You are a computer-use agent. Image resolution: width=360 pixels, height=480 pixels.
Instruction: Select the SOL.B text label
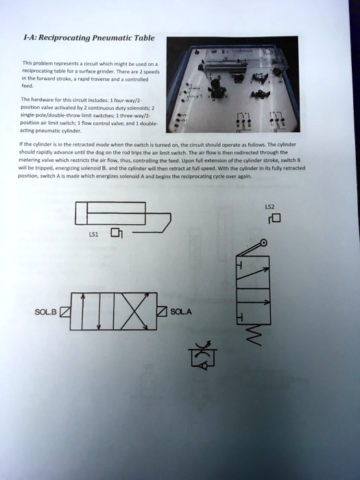pyautogui.click(x=47, y=313)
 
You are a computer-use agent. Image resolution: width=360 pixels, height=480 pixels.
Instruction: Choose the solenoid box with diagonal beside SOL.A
pyautogui.click(x=162, y=313)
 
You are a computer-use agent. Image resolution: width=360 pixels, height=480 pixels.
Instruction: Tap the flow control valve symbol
pyautogui.click(x=204, y=354)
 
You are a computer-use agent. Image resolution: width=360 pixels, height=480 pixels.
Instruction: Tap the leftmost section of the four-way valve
pyautogui.click(x=84, y=313)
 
